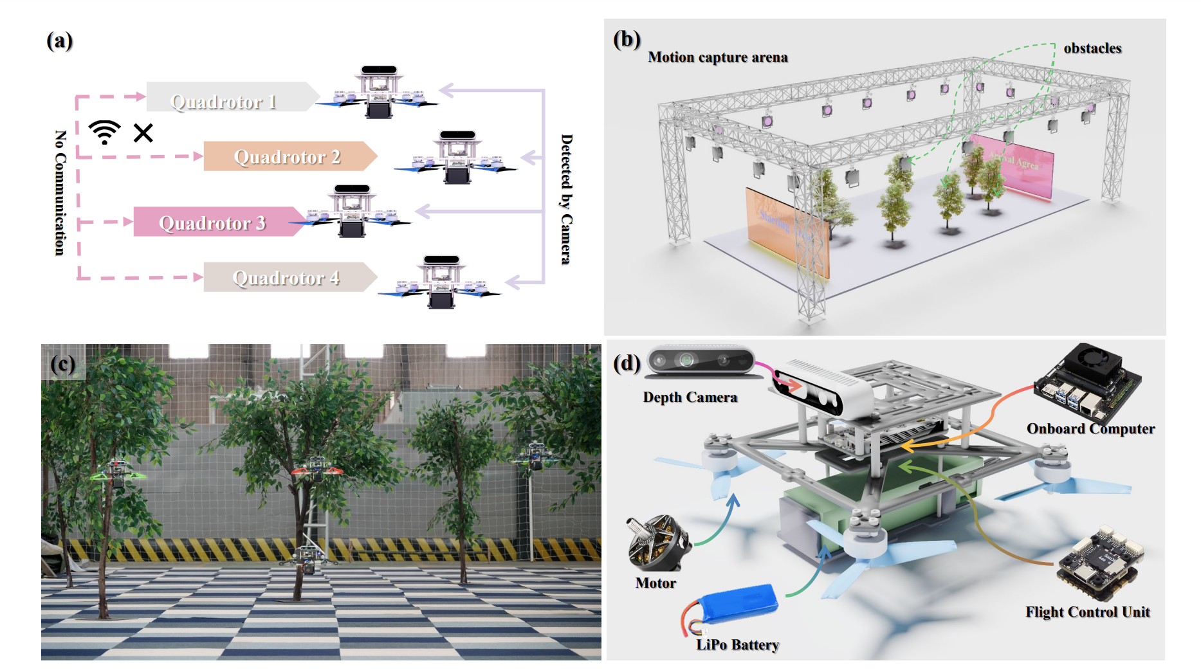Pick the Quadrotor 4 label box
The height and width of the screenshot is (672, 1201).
[287, 277]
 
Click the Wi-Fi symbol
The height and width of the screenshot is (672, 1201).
[104, 132]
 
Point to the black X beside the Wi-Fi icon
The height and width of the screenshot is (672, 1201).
[143, 133]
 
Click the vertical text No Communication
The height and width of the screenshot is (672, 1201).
[60, 193]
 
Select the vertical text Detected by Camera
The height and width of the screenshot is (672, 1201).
[566, 199]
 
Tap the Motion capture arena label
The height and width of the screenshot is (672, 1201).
[717, 57]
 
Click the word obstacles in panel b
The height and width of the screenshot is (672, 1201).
[1092, 48]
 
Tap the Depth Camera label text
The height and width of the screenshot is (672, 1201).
[690, 397]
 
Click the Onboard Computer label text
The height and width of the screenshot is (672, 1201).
[1090, 428]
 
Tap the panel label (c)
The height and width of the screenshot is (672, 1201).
[63, 364]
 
